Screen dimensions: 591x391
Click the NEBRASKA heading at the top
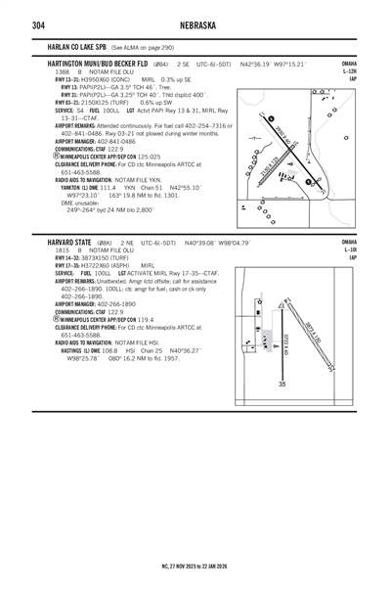coord(195,23)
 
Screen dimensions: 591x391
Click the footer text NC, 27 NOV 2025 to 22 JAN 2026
coord(195,565)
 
